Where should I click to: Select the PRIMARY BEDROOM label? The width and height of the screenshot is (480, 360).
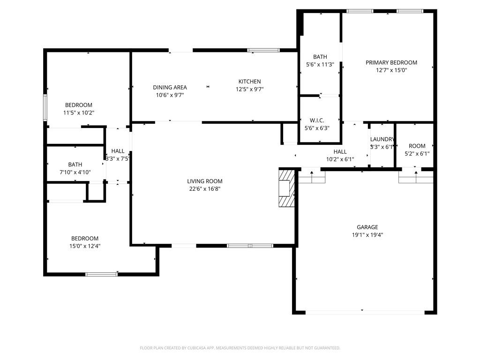[391, 62]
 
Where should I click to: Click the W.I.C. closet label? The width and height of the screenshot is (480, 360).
[317, 120]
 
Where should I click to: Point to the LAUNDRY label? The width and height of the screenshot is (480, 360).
[382, 139]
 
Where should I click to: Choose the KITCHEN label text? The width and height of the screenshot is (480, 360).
[249, 82]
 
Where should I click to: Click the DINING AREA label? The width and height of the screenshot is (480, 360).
[170, 87]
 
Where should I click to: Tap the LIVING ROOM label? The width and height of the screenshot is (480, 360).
[204, 181]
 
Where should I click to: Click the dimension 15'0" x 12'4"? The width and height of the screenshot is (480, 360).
[85, 246]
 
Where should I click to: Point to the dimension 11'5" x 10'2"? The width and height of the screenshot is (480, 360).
[79, 112]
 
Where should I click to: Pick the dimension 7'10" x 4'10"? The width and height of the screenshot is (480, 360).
[75, 172]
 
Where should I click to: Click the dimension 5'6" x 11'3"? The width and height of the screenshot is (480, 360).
[320, 65]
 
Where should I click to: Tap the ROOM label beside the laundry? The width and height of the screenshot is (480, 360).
[417, 146]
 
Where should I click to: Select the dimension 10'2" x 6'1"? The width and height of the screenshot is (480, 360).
[340, 159]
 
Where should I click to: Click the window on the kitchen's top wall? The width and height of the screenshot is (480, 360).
[263, 50]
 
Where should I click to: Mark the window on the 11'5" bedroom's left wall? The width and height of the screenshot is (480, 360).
[45, 108]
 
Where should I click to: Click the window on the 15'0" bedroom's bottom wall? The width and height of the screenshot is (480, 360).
[101, 274]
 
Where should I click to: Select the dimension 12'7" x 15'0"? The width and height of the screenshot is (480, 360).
[391, 70]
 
